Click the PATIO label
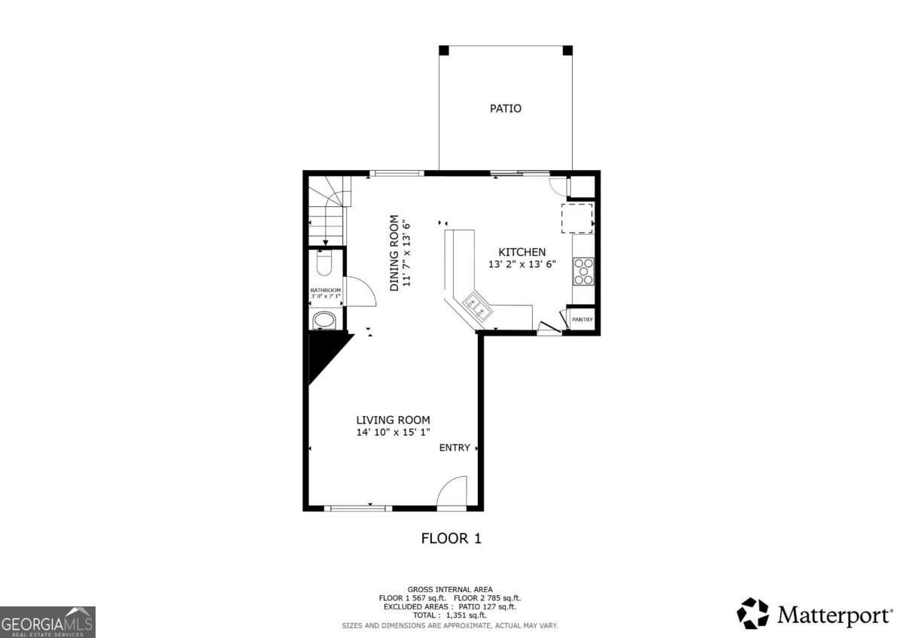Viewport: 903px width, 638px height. (x=506, y=108)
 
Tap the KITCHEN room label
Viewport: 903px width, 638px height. (x=522, y=252)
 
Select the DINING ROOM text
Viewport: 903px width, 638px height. (x=394, y=253)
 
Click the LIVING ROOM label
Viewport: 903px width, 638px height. (x=393, y=420)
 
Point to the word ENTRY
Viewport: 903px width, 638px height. (x=455, y=448)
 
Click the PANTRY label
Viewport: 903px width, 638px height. (x=582, y=320)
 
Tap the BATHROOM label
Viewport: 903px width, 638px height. (x=325, y=290)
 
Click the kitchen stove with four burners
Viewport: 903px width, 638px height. (x=583, y=272)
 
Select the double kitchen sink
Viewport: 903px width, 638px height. (x=476, y=306)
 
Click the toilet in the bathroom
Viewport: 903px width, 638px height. (x=324, y=263)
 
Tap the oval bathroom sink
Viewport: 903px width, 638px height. (x=324, y=321)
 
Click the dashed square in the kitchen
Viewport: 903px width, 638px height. (x=577, y=218)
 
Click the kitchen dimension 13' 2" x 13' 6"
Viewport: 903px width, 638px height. (x=522, y=265)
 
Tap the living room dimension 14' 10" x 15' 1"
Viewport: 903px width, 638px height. (x=393, y=433)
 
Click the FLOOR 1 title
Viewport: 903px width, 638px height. (x=451, y=539)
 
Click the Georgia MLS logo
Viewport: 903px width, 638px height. (x=47, y=622)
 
